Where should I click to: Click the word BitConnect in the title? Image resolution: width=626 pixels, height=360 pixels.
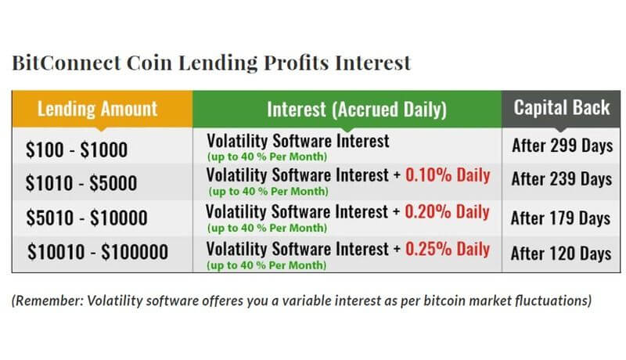tap(67, 63)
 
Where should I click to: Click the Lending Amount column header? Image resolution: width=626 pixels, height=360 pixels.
tap(97, 109)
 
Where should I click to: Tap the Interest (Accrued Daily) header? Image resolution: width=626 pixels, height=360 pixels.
tap(357, 110)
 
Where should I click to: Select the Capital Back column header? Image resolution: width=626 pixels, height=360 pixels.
tap(562, 107)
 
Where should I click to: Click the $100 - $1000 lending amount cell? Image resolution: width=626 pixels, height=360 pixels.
tap(77, 149)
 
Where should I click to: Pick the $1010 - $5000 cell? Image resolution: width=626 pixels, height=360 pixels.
tap(81, 183)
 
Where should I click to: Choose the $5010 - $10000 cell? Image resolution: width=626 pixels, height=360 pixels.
tap(87, 218)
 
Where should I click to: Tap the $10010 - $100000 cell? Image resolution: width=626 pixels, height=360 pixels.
tap(98, 252)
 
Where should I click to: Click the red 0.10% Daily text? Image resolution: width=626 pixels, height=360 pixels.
tap(448, 175)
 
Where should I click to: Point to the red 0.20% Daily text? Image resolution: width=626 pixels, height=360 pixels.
tap(447, 211)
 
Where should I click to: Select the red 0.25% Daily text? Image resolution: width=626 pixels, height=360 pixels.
tap(448, 249)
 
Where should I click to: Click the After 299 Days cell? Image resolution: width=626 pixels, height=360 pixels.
tap(563, 146)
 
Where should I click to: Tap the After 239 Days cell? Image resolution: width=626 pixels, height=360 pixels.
tap(562, 178)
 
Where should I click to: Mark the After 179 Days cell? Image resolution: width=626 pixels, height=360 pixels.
tap(560, 218)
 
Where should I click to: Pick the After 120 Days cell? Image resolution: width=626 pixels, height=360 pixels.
tap(561, 253)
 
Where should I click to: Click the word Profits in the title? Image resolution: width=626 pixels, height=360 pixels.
tap(297, 63)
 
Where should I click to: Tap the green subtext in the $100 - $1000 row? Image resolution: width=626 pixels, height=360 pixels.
tap(267, 157)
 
